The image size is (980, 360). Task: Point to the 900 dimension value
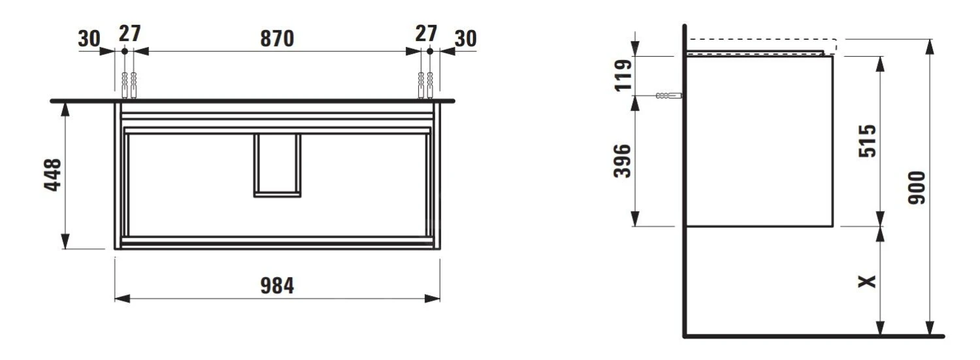(x=917, y=188)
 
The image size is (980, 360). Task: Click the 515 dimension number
(x=868, y=140)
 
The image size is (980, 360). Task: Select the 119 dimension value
(x=624, y=75)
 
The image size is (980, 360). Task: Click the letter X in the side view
(x=866, y=282)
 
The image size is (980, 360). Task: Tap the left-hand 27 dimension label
(x=129, y=34)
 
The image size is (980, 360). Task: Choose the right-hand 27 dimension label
(x=425, y=34)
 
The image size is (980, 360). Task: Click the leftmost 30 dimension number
(x=89, y=39)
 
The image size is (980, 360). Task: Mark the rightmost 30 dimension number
(x=465, y=39)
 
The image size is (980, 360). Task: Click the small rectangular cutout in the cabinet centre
(x=277, y=165)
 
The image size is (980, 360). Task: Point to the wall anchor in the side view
(x=668, y=96)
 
